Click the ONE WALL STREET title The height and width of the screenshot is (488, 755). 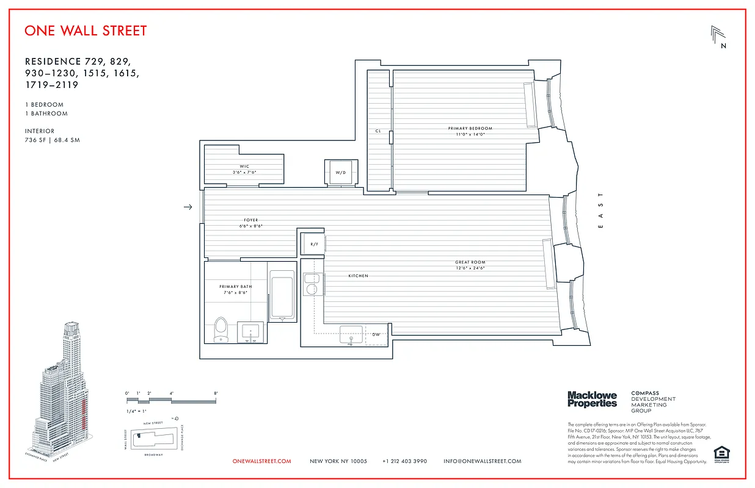[86, 30]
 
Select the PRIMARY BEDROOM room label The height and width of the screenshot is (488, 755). [470, 129]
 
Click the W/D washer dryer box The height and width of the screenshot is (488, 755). [340, 172]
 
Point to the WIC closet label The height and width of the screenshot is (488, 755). [244, 167]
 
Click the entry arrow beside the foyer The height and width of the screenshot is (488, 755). [188, 207]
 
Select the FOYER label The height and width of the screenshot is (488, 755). [251, 220]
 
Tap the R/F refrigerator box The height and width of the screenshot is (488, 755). [314, 244]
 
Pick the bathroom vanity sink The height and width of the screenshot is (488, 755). [250, 332]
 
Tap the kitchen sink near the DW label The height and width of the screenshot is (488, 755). [351, 336]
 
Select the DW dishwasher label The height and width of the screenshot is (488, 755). [376, 334]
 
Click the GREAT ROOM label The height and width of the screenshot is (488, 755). [470, 262]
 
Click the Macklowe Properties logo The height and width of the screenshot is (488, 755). [592, 400]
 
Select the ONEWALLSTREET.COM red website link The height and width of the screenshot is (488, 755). [262, 461]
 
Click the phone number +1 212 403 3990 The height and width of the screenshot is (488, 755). [405, 461]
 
